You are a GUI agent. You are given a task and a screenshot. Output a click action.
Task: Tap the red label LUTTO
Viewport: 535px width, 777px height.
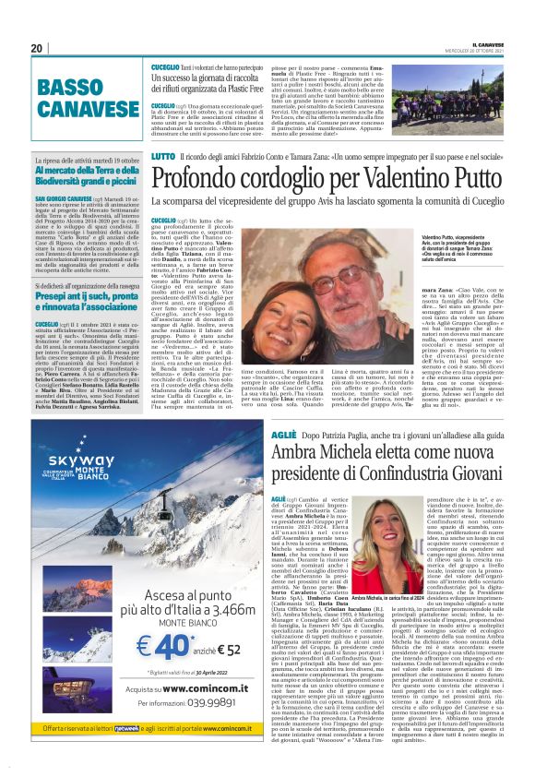(163, 156)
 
